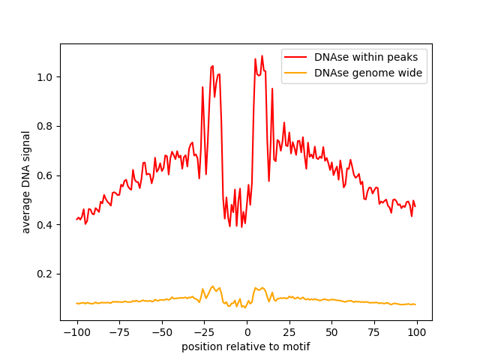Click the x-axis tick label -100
76,333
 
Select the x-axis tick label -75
119,333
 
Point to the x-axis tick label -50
161,333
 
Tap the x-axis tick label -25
204,333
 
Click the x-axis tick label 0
247,333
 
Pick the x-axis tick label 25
289,333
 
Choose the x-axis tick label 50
331,333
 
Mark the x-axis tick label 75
374,333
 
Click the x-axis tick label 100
417,333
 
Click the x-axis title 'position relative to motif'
246,347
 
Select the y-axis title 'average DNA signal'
26,182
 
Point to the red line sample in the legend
297,57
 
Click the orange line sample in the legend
297,73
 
